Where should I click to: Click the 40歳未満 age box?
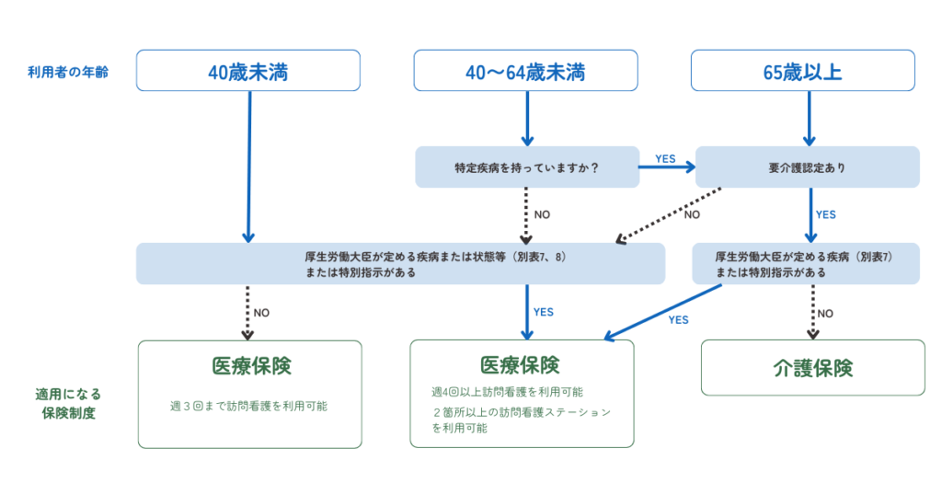click(x=248, y=71)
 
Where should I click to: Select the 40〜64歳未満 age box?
click(x=525, y=71)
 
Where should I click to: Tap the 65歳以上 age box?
click(x=802, y=71)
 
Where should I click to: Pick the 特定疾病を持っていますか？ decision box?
click(x=526, y=167)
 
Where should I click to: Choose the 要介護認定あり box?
click(x=807, y=167)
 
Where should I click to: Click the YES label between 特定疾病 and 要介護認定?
click(x=665, y=159)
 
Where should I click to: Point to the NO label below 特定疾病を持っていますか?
click(x=542, y=214)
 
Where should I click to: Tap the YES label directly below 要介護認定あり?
click(x=825, y=214)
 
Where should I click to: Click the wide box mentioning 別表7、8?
click(x=400, y=264)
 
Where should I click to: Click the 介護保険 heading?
click(x=812, y=368)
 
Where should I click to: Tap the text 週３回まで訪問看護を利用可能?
click(x=248, y=405)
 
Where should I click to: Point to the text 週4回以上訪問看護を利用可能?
click(x=507, y=392)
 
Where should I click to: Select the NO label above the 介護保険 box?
click(x=825, y=313)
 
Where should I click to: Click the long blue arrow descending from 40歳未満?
click(x=248, y=166)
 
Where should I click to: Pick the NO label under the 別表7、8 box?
click(x=261, y=313)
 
